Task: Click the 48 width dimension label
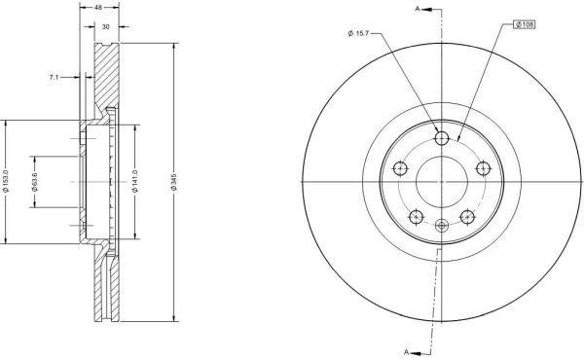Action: (x=98, y=7)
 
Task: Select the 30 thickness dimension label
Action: (x=106, y=27)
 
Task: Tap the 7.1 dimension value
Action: (x=54, y=78)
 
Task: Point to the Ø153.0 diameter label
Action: (x=6, y=181)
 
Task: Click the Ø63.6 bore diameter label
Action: (x=35, y=182)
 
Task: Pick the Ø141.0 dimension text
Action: (x=135, y=181)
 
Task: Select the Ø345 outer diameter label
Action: (x=174, y=182)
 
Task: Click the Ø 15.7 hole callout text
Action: (x=358, y=33)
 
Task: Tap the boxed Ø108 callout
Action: (x=525, y=24)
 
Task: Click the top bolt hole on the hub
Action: (x=442, y=138)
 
